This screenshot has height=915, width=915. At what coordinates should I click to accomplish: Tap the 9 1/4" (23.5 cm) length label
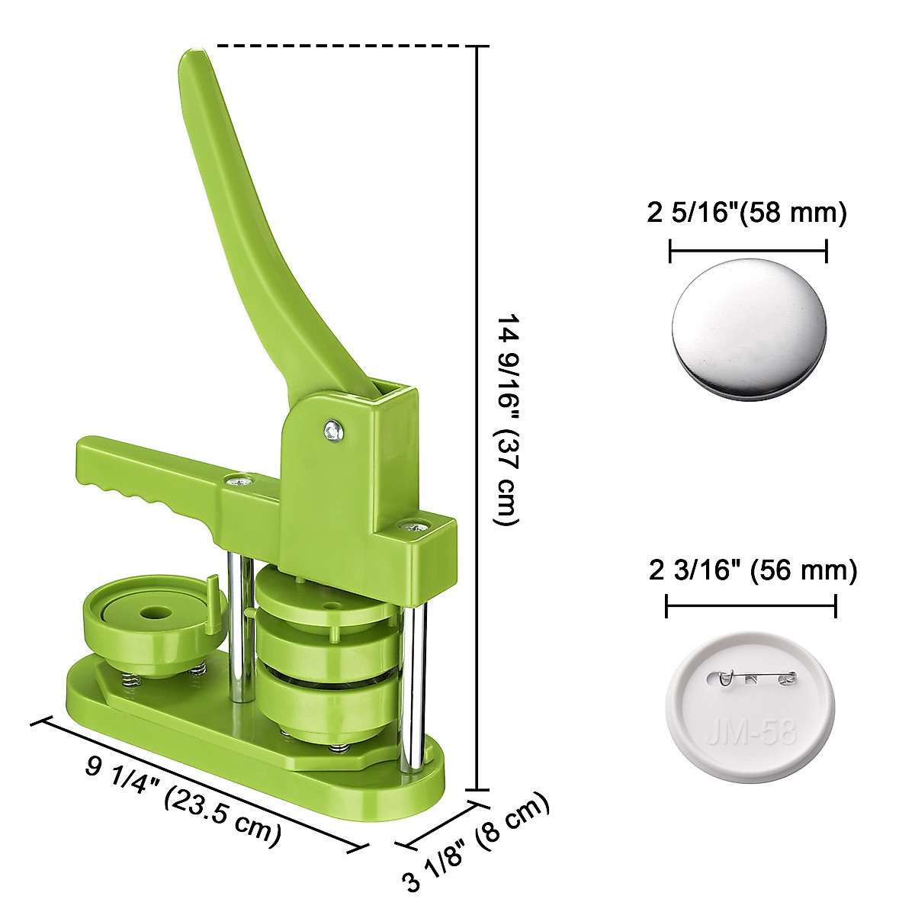[183, 802]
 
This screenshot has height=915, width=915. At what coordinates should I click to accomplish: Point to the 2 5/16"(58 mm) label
[746, 212]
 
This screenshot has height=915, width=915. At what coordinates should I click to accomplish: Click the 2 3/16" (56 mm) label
[753, 570]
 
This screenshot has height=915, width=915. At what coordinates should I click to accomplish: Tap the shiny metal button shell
[749, 329]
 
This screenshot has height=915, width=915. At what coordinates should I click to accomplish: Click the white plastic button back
[750, 709]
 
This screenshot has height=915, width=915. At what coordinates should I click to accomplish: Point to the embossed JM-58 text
[751, 733]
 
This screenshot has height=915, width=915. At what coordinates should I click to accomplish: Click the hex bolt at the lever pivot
[334, 431]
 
